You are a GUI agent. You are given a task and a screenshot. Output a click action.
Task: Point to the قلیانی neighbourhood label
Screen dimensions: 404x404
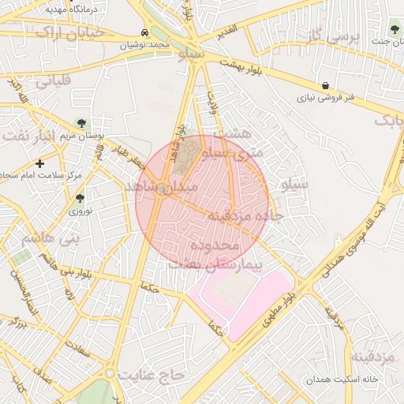54,80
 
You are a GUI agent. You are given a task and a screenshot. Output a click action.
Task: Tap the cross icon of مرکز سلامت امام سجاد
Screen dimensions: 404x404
39,163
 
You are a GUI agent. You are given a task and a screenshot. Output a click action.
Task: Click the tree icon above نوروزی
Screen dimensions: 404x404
80,198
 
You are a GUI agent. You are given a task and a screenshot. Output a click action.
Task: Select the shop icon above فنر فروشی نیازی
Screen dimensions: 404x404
326,85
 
